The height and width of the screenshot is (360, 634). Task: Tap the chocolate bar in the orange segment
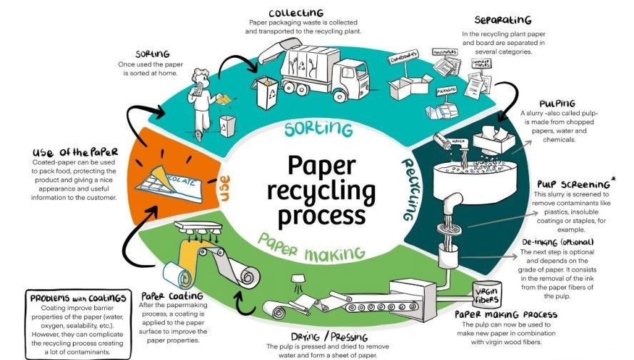(x=163, y=171)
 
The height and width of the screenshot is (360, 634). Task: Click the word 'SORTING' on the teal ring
(x=318, y=129)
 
